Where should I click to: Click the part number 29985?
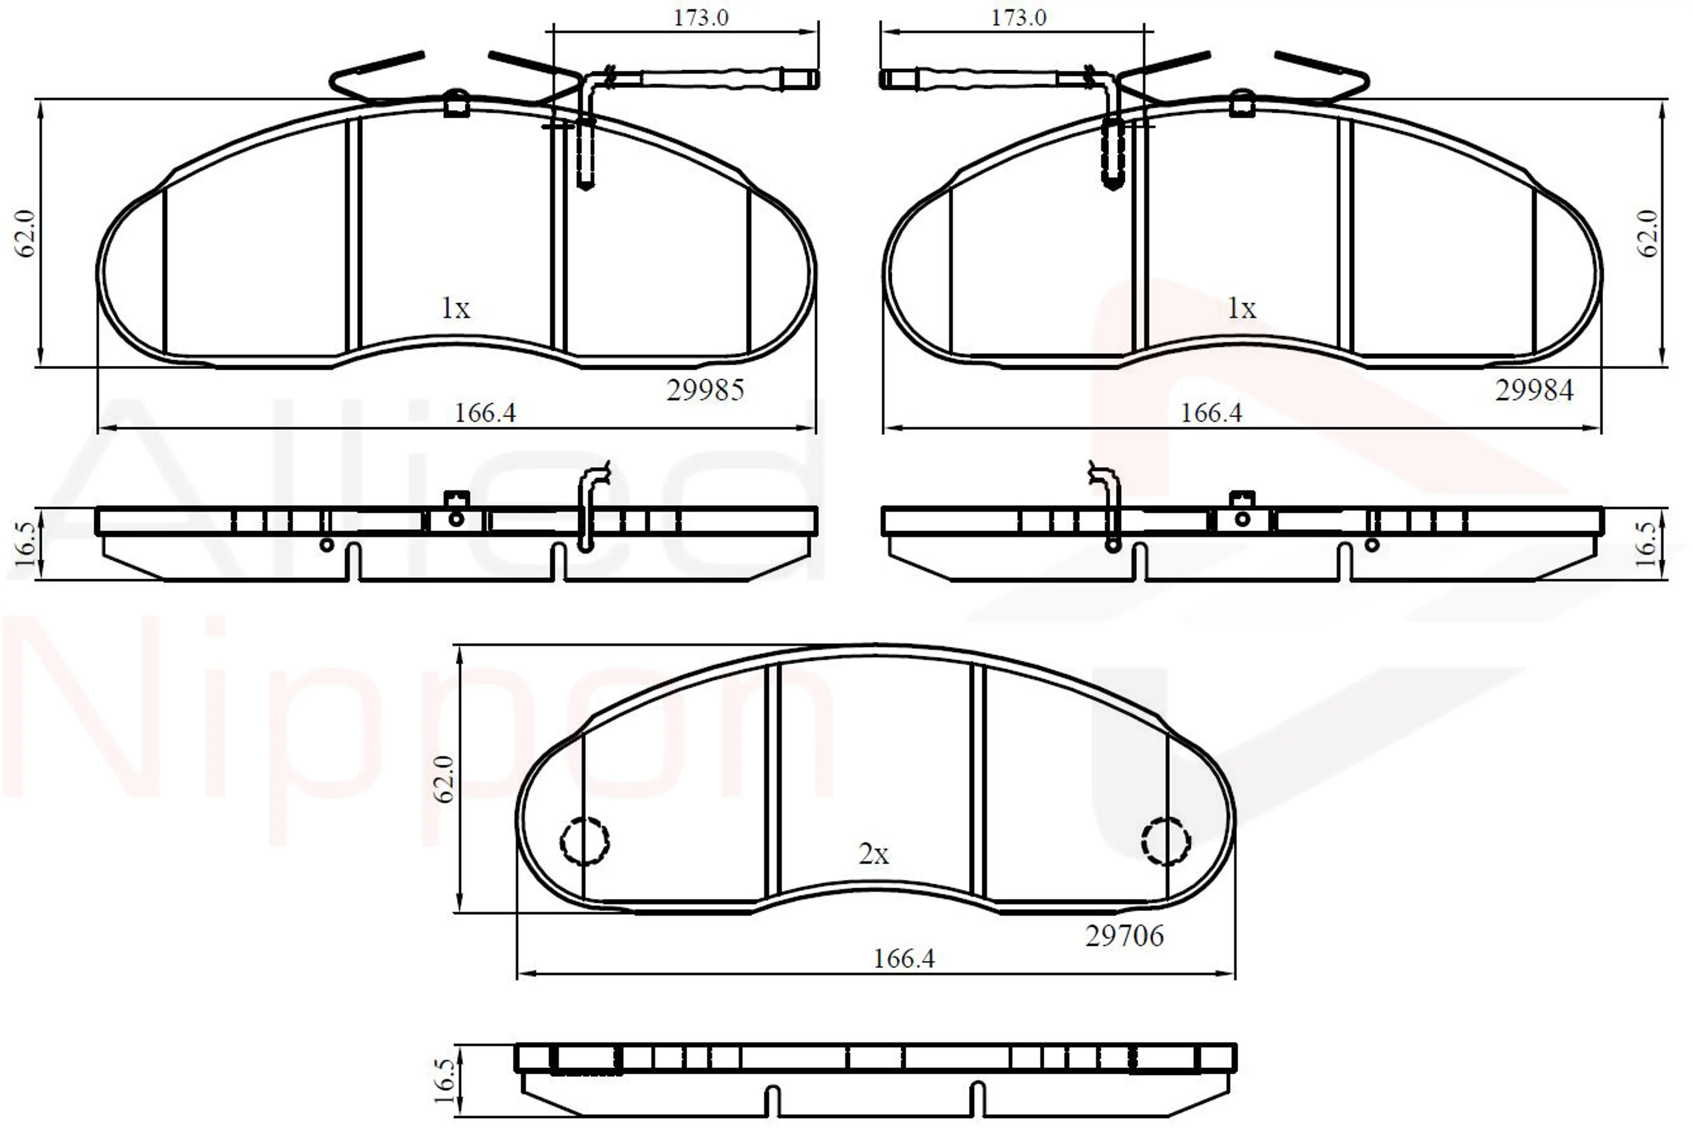(705, 390)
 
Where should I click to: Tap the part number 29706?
(1124, 936)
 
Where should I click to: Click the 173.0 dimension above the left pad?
(701, 17)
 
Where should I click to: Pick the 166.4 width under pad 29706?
(904, 959)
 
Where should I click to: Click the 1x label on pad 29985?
(456, 309)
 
